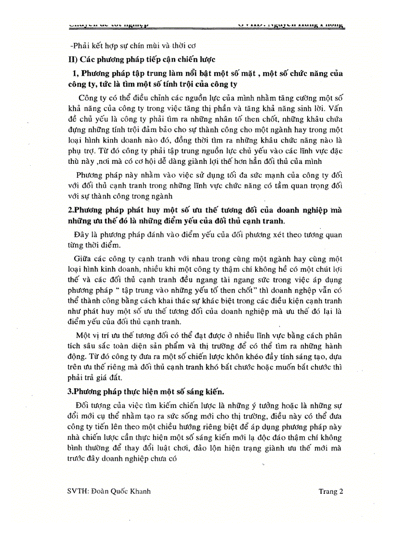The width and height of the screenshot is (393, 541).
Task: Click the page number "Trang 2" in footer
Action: tap(330, 492)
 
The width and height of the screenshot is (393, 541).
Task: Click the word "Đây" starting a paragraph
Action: tap(81, 235)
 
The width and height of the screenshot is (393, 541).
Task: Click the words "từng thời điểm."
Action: tap(90, 245)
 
